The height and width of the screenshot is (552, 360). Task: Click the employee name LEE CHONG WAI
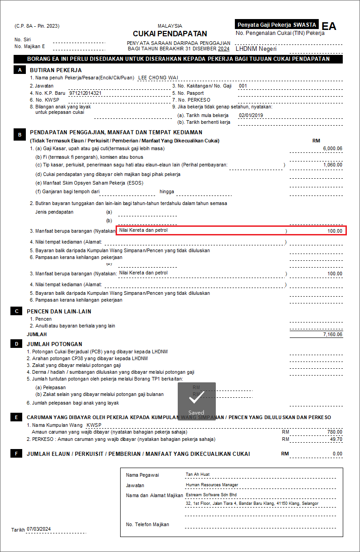pyautogui.click(x=158, y=78)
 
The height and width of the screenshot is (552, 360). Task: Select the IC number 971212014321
pyautogui.click(x=85, y=93)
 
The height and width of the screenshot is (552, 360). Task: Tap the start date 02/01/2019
pyautogui.click(x=251, y=115)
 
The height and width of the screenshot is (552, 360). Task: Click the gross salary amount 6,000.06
pyautogui.click(x=333, y=149)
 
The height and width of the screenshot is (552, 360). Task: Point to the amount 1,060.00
pyautogui.click(x=333, y=165)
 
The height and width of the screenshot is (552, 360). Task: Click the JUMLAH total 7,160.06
pyautogui.click(x=333, y=334)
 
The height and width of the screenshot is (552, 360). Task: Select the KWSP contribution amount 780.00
pyautogui.click(x=335, y=432)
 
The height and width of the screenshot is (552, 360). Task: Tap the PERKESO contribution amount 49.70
pyautogui.click(x=336, y=439)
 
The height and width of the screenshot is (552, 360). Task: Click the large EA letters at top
pyautogui.click(x=329, y=26)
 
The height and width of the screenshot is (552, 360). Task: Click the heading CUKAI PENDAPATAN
pyautogui.click(x=170, y=34)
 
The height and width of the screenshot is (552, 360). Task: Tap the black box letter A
pyautogui.click(x=19, y=70)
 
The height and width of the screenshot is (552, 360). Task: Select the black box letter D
pyautogui.click(x=17, y=344)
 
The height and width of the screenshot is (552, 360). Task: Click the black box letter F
pyautogui.click(x=17, y=454)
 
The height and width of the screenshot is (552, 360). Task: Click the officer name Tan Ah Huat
pyautogui.click(x=198, y=474)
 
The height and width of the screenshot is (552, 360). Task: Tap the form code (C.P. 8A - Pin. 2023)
pyautogui.click(x=37, y=26)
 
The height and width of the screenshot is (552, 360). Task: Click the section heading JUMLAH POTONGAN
pyautogui.click(x=54, y=344)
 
